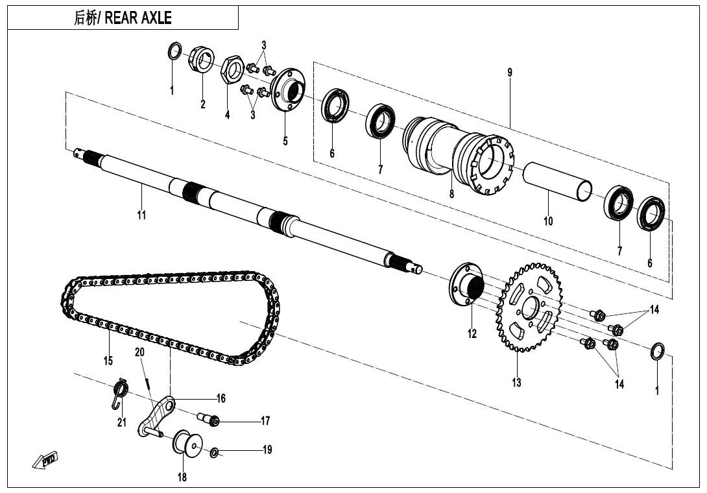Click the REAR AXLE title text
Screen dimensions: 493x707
pos(123,18)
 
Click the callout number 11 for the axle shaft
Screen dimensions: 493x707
pos(141,215)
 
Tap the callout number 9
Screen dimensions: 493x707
pos(510,73)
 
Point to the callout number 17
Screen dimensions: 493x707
pos(265,421)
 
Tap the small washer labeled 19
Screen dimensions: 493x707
pos(214,451)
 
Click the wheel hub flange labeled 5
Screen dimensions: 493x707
pos(288,90)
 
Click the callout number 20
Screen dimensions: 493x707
pos(139,352)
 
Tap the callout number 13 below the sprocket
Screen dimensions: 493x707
pos(516,383)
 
